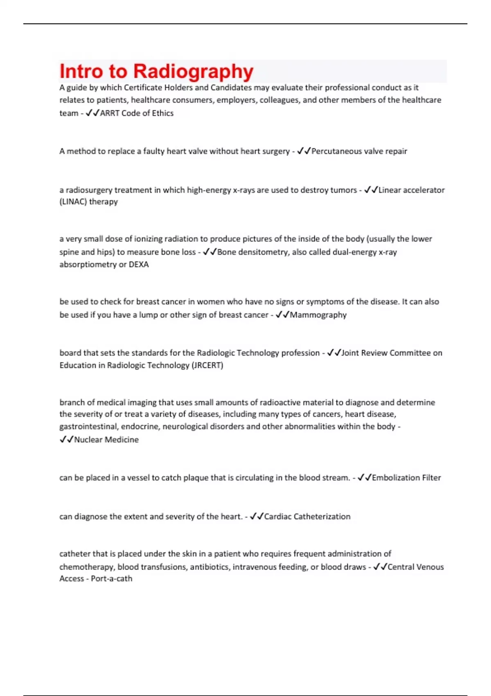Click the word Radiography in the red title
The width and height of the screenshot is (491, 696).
coord(193,71)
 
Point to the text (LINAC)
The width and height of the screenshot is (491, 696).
coord(73,202)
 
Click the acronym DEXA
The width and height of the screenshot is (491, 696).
coord(139,264)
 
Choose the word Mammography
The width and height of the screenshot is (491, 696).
coord(318,315)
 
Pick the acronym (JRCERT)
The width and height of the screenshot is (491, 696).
coord(207,365)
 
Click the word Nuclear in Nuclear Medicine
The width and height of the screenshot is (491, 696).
coord(88,440)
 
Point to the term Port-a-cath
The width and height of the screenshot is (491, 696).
coord(111,579)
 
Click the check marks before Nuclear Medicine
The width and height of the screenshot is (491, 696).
coord(66,440)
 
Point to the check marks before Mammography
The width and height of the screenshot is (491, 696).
coord(282,315)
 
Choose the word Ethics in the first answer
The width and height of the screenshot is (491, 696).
coord(163,113)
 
